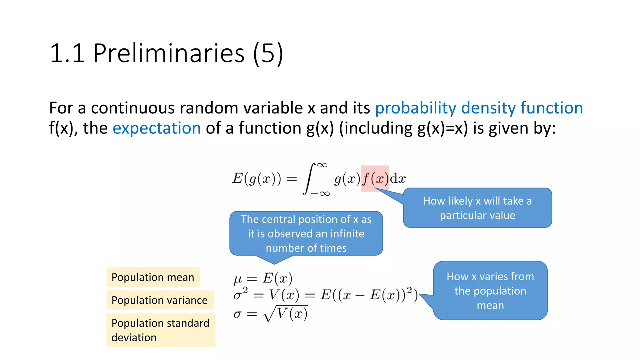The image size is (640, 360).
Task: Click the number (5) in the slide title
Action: (x=268, y=53)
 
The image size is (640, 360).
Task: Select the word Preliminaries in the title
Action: (x=169, y=53)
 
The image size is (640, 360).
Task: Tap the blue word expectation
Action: (x=157, y=128)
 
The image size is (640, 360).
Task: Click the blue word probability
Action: (x=416, y=108)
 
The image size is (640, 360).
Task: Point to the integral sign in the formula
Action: (x=308, y=179)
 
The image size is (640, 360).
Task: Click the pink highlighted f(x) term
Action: (x=375, y=178)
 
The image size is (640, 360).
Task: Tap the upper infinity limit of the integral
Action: (x=322, y=165)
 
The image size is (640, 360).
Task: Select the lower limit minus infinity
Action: (x=320, y=194)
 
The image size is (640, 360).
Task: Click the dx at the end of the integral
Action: (x=398, y=179)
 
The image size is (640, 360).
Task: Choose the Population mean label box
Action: (x=153, y=277)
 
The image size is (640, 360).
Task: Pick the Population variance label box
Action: (x=160, y=300)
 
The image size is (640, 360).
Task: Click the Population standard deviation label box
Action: (x=161, y=330)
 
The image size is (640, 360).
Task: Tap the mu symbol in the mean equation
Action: (x=237, y=279)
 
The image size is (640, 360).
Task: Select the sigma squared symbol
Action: (x=240, y=294)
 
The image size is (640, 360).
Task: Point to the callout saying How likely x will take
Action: (x=477, y=208)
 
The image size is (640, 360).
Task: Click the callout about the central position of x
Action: (x=306, y=233)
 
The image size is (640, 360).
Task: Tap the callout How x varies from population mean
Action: (x=490, y=291)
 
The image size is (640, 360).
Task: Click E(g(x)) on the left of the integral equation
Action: (x=256, y=179)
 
